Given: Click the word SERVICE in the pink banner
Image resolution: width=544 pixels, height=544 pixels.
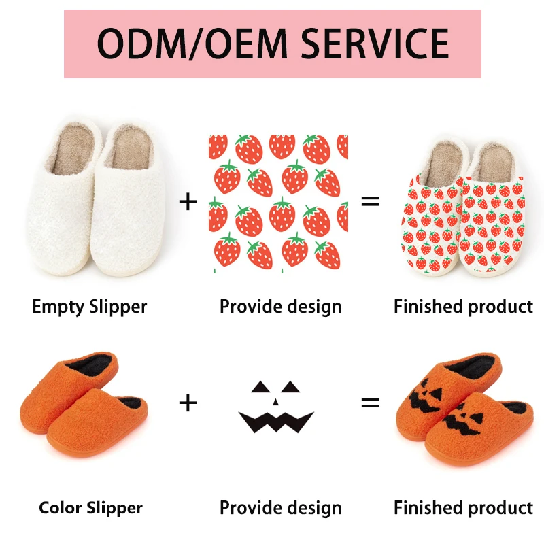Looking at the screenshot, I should point(375,44).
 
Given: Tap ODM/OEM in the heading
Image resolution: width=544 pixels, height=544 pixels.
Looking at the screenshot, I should point(193,44).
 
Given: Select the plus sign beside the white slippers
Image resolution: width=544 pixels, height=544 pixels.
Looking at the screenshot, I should point(188,201).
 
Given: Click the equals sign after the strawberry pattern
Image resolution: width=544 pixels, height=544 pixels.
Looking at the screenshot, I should point(370,201).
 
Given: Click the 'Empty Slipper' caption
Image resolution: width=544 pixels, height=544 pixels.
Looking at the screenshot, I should point(90,307).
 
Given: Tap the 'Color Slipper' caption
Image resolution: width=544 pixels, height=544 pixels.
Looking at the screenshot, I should point(90,507).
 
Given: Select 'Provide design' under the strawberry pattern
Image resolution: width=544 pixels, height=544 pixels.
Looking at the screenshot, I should point(280,307).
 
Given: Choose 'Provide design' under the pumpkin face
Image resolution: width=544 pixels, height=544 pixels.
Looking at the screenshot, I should point(280,507).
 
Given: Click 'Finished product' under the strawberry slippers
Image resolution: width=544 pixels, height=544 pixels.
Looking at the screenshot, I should point(463,307).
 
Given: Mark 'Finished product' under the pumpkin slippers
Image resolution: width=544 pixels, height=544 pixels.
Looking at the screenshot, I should point(463,507).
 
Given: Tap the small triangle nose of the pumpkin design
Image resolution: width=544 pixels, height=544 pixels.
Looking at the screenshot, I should point(275,402).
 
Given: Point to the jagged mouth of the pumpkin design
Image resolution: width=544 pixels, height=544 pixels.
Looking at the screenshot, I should point(275,422).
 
